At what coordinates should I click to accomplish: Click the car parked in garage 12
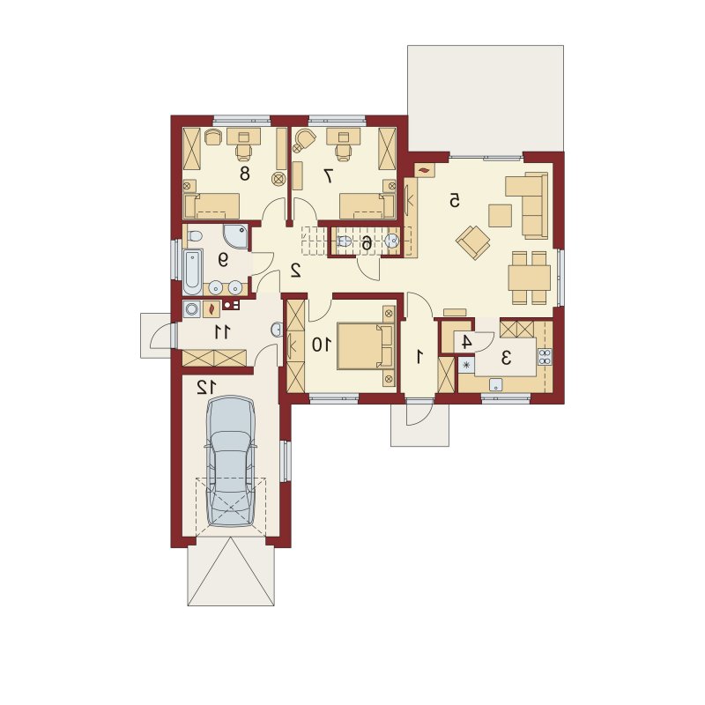229,460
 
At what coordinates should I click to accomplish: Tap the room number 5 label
455,201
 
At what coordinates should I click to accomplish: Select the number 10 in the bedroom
322,345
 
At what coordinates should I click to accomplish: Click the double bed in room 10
365,345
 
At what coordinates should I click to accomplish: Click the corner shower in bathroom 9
235,235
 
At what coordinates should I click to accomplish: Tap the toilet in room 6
345,241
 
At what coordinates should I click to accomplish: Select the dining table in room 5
530,278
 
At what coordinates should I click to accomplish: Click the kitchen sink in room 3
496,385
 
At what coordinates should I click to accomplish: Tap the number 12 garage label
206,387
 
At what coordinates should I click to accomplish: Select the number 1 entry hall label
420,357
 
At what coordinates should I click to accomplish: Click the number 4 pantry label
467,342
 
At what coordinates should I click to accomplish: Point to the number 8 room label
245,173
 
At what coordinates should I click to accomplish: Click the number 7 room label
329,175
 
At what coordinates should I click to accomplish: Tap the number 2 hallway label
295,270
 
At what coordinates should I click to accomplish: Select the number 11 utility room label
222,332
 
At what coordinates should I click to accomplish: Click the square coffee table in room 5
501,215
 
